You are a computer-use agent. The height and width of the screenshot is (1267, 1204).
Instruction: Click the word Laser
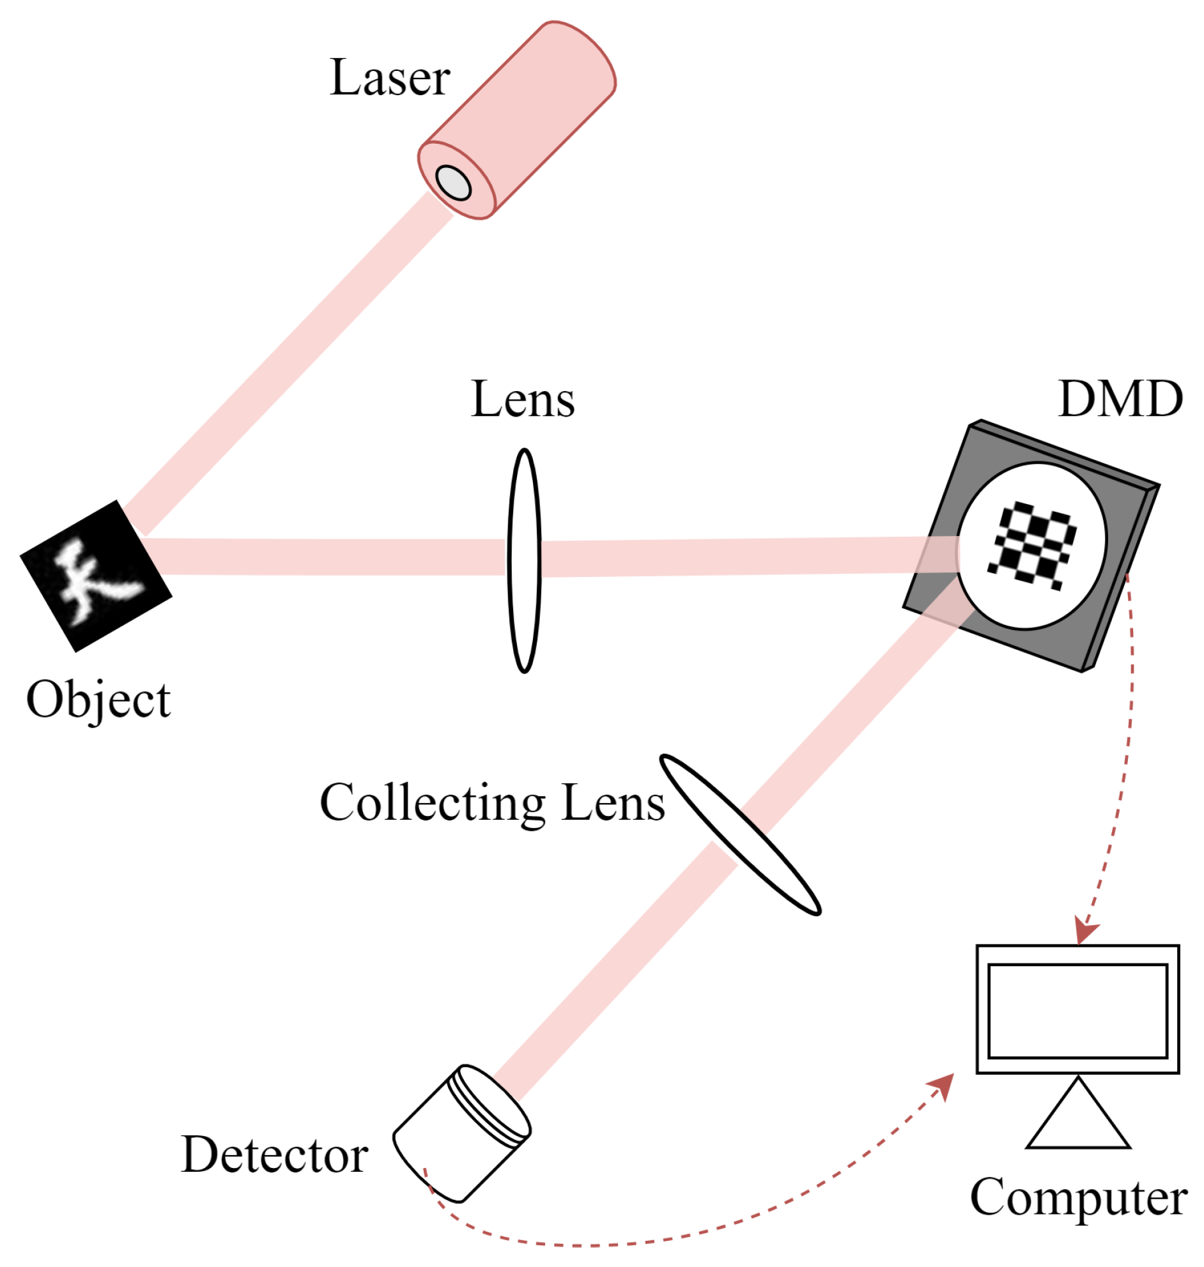click(x=390, y=78)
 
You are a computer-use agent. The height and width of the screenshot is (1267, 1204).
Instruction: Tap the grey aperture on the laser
click(x=453, y=183)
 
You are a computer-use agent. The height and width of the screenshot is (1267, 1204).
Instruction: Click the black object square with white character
click(x=96, y=576)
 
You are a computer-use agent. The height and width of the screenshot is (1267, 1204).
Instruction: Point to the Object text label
click(x=98, y=699)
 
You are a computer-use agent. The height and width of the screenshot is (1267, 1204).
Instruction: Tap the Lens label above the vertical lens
click(x=522, y=400)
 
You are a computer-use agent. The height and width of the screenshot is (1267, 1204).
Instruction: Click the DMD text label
click(x=1119, y=400)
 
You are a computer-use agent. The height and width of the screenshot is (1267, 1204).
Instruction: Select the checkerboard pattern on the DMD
click(x=1033, y=544)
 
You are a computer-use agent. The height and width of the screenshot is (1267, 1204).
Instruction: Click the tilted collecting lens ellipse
click(x=740, y=834)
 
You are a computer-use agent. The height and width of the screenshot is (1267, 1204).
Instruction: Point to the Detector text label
click(x=275, y=1155)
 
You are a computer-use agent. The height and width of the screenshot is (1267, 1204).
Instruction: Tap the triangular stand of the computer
click(x=1078, y=1119)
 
